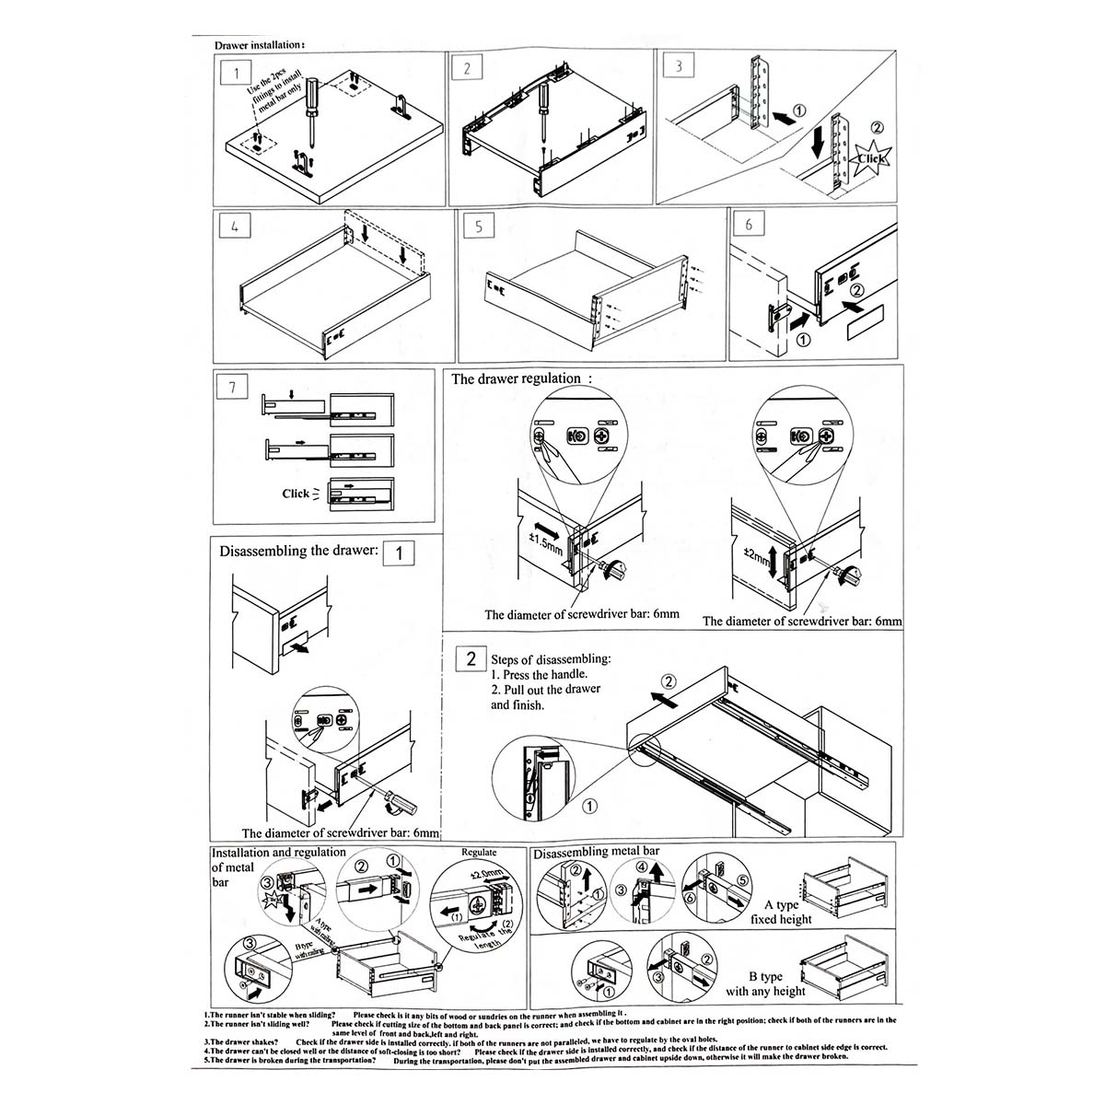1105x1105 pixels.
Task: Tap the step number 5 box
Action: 480,227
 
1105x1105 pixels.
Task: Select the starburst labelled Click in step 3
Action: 871,156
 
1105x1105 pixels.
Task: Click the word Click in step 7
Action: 296,494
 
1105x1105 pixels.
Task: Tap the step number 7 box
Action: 232,387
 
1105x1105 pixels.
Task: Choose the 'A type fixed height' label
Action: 781,912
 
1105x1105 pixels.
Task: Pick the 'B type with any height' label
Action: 765,983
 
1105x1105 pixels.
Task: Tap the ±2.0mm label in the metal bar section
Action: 485,872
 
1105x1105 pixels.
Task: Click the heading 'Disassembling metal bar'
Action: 596,852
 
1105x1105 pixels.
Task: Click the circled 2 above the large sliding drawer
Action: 669,681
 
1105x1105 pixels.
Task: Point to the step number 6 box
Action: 749,224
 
